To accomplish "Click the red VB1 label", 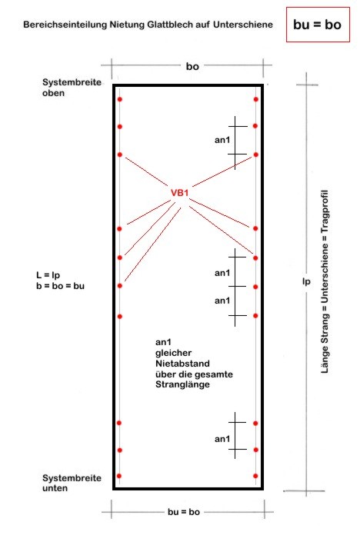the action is click(180, 193).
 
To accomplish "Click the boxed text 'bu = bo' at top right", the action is click(317, 25).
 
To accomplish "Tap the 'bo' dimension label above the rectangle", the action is click(192, 66).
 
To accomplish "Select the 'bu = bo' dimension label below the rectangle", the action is click(184, 512).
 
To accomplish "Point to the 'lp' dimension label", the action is click(306, 281).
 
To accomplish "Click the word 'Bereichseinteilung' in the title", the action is click(65, 25).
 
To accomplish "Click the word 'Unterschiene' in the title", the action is click(243, 25).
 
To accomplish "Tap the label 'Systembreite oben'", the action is click(72, 88).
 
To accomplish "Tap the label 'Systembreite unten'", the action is click(72, 483).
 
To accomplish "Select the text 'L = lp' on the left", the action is click(48, 275).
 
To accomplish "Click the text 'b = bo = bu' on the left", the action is click(61, 286).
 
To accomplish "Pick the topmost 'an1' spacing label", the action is click(222, 140).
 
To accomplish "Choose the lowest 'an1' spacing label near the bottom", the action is click(222, 439).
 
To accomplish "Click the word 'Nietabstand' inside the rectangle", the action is click(182, 364).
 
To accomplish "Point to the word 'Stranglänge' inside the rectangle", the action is click(182, 384).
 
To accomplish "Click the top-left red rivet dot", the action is click(119, 99).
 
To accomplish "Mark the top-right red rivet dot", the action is click(256, 99).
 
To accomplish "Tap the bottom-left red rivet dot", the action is click(119, 476).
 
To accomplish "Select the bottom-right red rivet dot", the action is click(255, 476).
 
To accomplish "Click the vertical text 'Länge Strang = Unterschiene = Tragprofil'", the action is click(325, 281).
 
